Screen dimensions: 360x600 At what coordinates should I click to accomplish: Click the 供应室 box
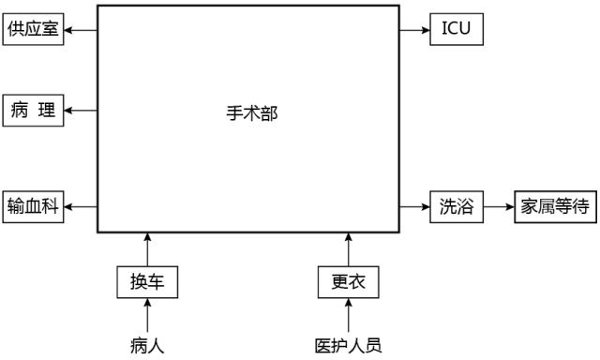pos(34,30)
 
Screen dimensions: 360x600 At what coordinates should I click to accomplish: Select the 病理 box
pos(34,111)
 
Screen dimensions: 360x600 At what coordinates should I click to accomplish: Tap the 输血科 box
pos(34,206)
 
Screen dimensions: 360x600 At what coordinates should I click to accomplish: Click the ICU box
pos(457,30)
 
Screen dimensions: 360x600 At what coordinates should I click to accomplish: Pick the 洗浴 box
pos(457,206)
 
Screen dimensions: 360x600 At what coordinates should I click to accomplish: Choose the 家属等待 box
pos(555,206)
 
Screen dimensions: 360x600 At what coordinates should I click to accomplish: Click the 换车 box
pos(147,282)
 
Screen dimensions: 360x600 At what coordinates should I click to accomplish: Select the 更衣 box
pos(349,282)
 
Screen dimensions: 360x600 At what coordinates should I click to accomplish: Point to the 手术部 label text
pos(251,114)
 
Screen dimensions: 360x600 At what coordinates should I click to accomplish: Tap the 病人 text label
pos(147,345)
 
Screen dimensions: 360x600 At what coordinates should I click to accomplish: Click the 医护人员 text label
pos(349,345)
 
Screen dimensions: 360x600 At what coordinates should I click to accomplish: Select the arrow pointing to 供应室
pos(81,30)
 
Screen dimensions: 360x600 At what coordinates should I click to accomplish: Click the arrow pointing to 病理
pos(81,111)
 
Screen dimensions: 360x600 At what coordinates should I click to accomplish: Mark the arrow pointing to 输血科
pos(81,206)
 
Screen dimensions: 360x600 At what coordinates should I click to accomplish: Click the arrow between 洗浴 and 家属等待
pos(499,206)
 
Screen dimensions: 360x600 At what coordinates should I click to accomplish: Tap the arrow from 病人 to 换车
pos(147,316)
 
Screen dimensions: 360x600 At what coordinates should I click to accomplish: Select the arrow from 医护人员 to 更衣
pos(349,316)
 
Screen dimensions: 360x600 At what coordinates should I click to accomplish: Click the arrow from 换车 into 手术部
pos(147,249)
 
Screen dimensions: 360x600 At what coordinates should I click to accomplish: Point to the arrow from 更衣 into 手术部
pos(349,249)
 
